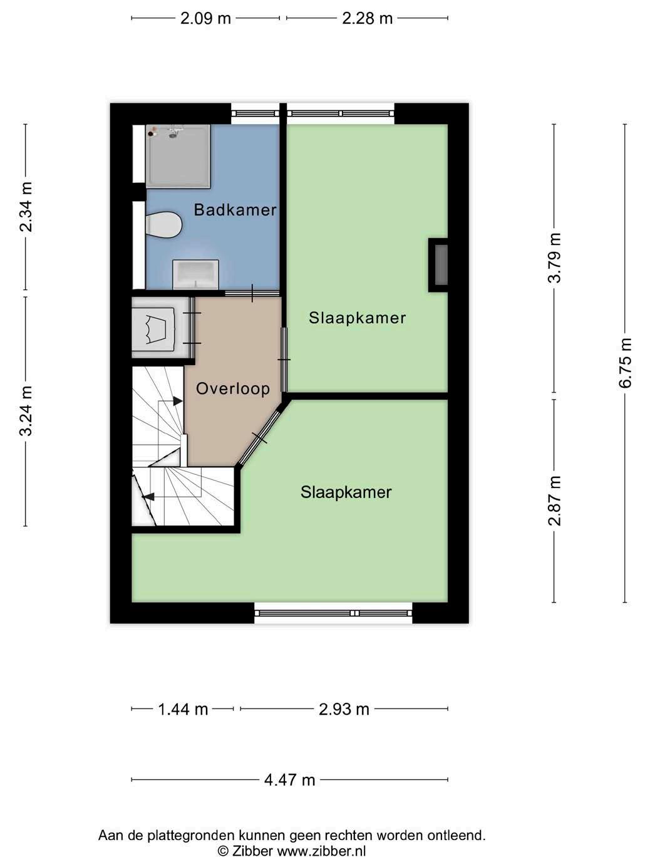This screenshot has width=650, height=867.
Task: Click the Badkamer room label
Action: (x=235, y=210)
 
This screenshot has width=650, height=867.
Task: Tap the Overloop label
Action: (x=233, y=388)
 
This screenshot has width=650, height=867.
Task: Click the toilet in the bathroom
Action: (x=163, y=225)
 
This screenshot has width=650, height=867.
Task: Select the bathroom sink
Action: (x=196, y=274)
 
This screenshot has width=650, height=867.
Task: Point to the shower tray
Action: (x=178, y=156)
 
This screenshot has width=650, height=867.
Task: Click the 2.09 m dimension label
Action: (x=205, y=19)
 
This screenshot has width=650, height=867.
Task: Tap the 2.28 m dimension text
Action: (x=368, y=19)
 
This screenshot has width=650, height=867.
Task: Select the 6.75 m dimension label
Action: (x=626, y=363)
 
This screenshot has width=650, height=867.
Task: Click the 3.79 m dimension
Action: (x=554, y=258)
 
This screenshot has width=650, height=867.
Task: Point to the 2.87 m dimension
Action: (x=554, y=501)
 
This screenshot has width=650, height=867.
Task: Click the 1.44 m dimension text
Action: (x=183, y=709)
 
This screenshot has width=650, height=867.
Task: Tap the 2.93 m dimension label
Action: (x=344, y=709)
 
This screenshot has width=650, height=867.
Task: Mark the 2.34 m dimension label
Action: (x=26, y=207)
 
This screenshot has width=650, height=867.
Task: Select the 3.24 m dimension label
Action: (x=26, y=411)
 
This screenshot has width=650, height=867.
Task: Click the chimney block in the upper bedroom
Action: (x=438, y=265)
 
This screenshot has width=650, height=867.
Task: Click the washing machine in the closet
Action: (x=153, y=329)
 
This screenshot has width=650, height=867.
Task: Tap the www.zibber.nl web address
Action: (x=321, y=851)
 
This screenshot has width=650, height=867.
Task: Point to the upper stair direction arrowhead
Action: (x=178, y=401)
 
